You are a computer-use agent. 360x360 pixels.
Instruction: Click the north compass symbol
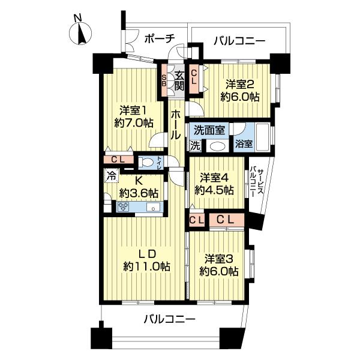[82, 33]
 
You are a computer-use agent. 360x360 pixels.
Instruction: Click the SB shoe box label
[164, 80]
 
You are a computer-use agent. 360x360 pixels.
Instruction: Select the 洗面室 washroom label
[209, 129]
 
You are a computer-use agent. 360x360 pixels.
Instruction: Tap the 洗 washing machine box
[196, 145]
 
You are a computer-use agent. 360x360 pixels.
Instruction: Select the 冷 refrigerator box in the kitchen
[111, 176]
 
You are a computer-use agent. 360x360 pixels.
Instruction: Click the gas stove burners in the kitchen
[124, 207]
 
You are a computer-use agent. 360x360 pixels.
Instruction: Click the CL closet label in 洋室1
[118, 160]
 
